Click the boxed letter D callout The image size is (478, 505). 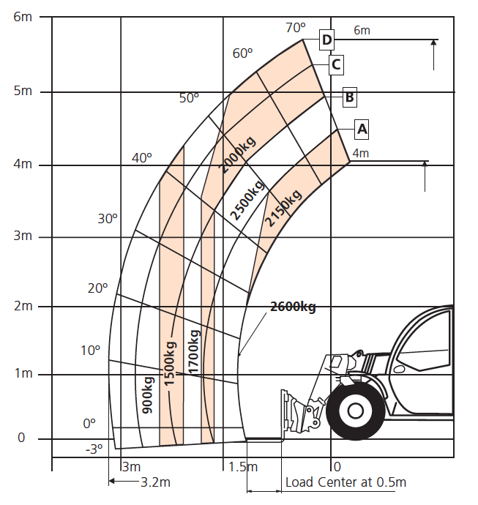(326, 39)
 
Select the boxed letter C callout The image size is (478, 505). (335, 64)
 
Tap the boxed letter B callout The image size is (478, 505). (350, 96)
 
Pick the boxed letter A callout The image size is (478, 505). (361, 130)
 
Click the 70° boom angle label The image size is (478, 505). (295, 28)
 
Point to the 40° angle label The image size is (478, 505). (142, 157)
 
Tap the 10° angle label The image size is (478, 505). (91, 350)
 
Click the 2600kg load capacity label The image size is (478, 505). (293, 307)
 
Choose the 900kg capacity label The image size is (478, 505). (147, 395)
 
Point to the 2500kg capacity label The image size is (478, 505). (247, 198)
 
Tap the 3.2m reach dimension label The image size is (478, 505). (155, 482)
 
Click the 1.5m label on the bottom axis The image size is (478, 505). (242, 467)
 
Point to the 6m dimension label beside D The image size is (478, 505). (362, 30)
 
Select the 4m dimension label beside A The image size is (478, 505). (360, 153)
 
